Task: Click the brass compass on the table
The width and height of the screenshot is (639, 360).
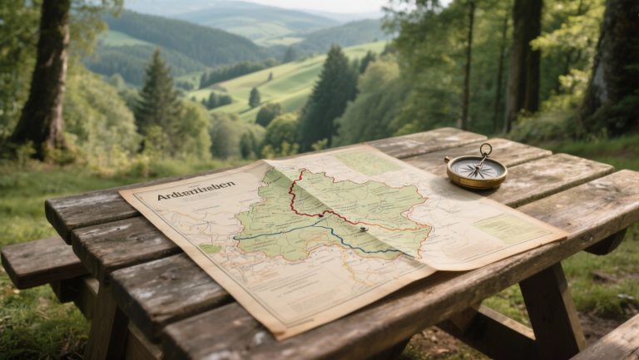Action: pos(476,170)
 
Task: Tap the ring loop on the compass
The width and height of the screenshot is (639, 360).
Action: pos(485,150)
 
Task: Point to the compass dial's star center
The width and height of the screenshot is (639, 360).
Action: pos(476,169)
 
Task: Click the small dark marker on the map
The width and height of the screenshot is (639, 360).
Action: pos(364,229)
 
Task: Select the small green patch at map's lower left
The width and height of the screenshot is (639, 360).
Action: pos(211,249)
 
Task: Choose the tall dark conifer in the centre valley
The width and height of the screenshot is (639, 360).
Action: pos(329,96)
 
